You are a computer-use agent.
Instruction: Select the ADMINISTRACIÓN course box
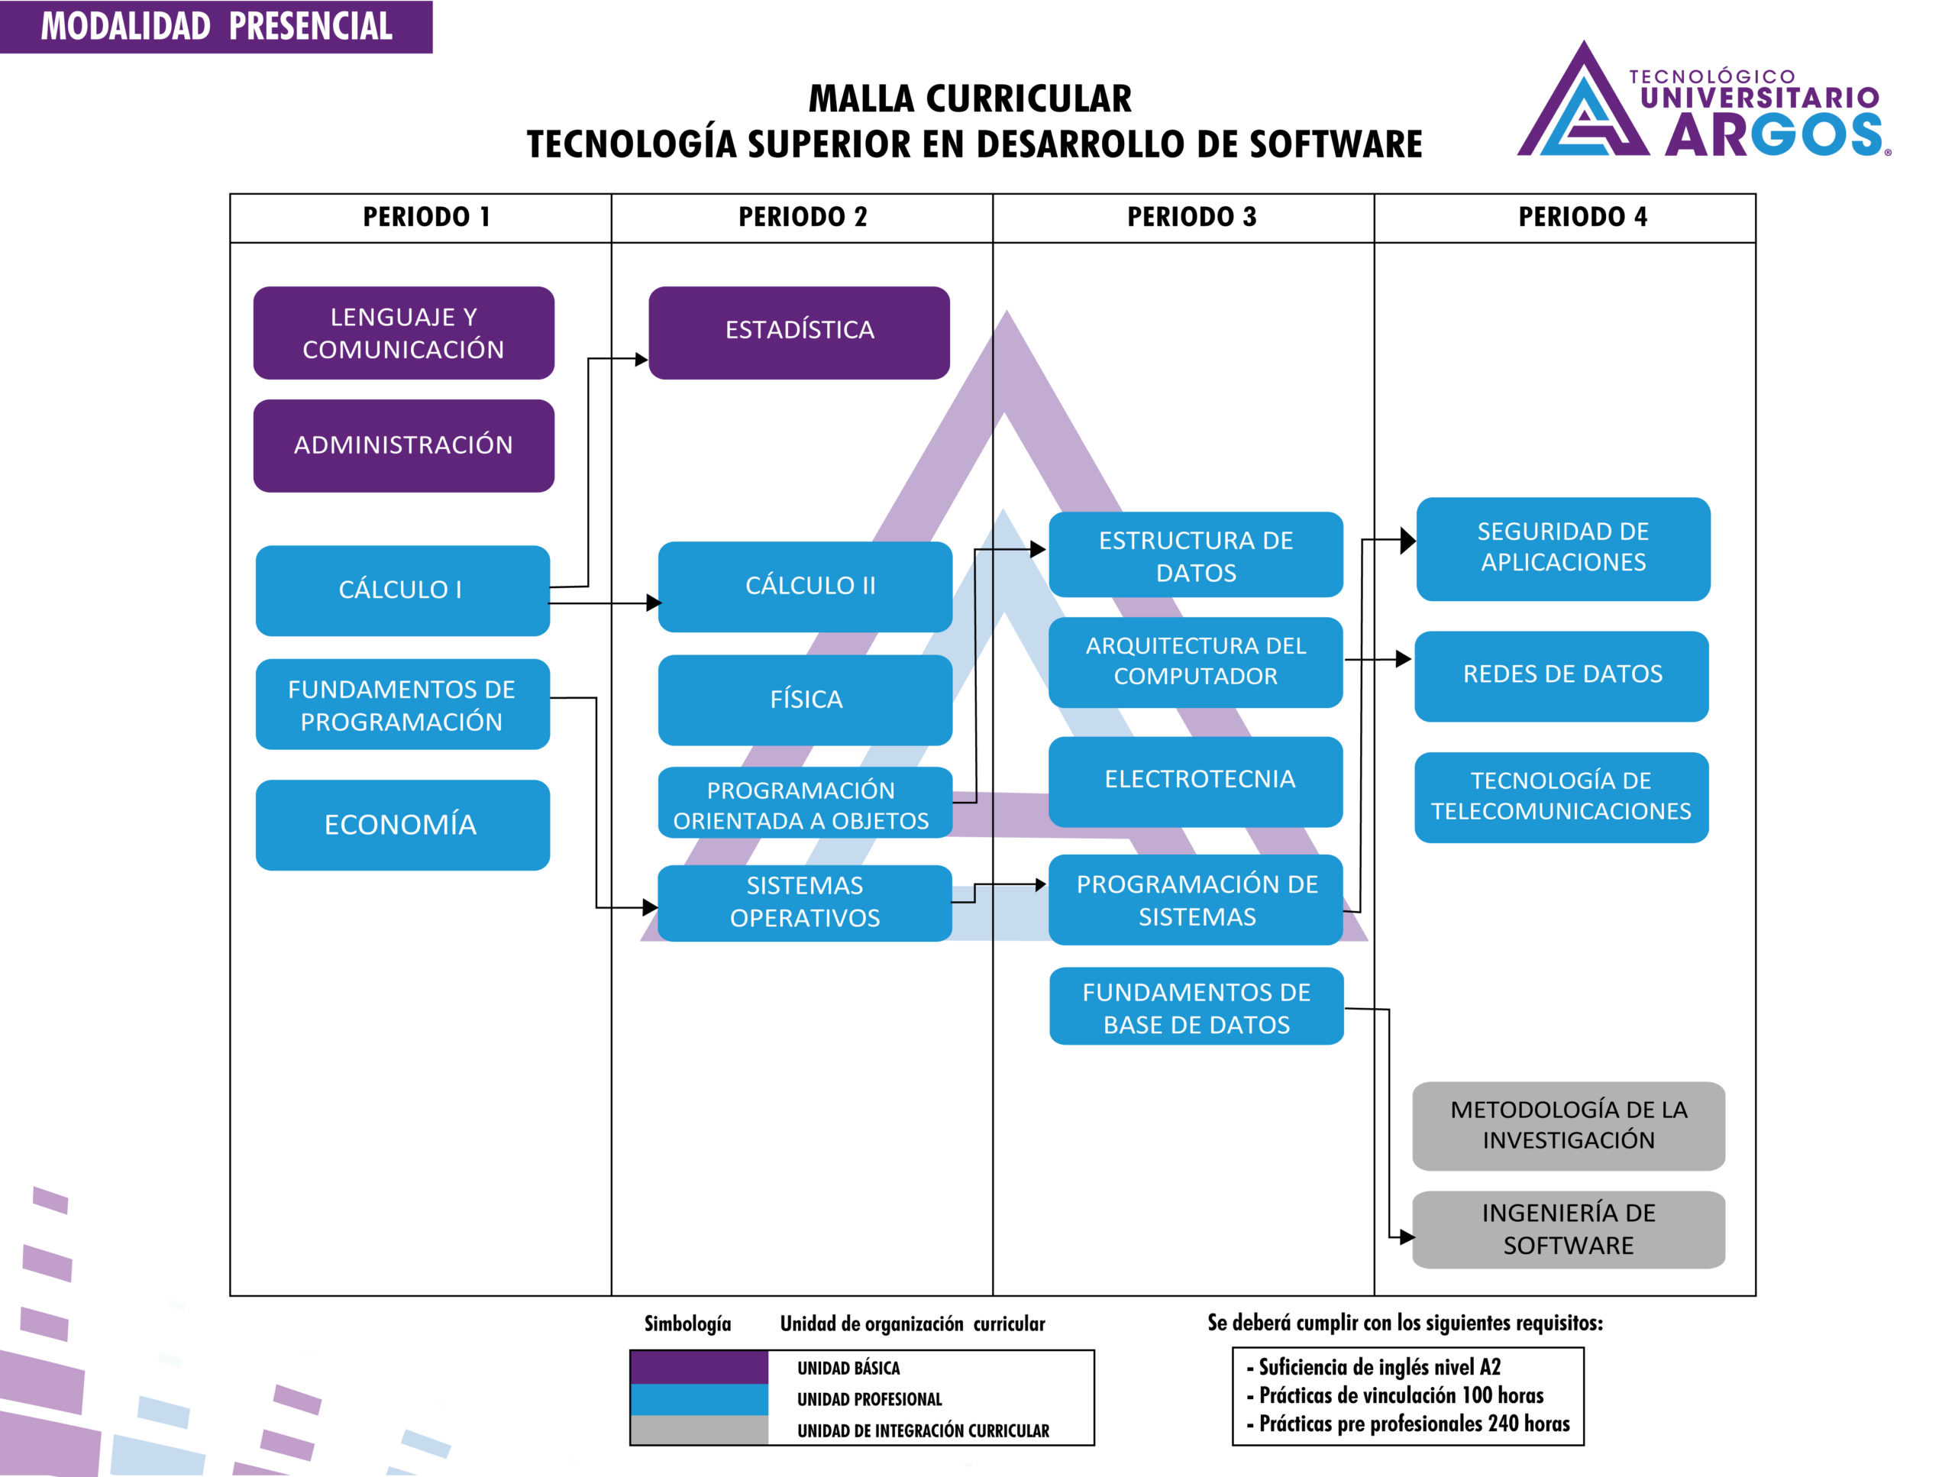[404, 445]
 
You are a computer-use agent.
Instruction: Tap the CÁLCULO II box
[805, 586]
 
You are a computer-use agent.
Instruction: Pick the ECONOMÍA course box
[402, 825]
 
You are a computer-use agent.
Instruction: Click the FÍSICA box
[805, 699]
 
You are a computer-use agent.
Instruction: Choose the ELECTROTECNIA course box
[1196, 781]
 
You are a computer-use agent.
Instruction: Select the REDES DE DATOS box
[1562, 675]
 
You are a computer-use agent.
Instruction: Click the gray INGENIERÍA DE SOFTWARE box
[1569, 1230]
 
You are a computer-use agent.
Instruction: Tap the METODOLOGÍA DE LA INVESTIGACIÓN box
[1569, 1125]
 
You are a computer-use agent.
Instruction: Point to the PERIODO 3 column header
[1191, 218]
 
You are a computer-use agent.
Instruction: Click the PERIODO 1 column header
[426, 218]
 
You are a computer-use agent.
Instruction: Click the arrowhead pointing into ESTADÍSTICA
[641, 360]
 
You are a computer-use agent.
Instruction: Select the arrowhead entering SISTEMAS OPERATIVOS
[651, 907]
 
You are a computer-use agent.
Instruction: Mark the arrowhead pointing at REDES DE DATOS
[1404, 659]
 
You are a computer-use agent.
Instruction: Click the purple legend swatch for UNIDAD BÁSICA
[699, 1367]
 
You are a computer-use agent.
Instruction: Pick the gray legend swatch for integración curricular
[699, 1430]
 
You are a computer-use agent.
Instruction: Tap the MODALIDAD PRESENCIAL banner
[217, 27]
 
